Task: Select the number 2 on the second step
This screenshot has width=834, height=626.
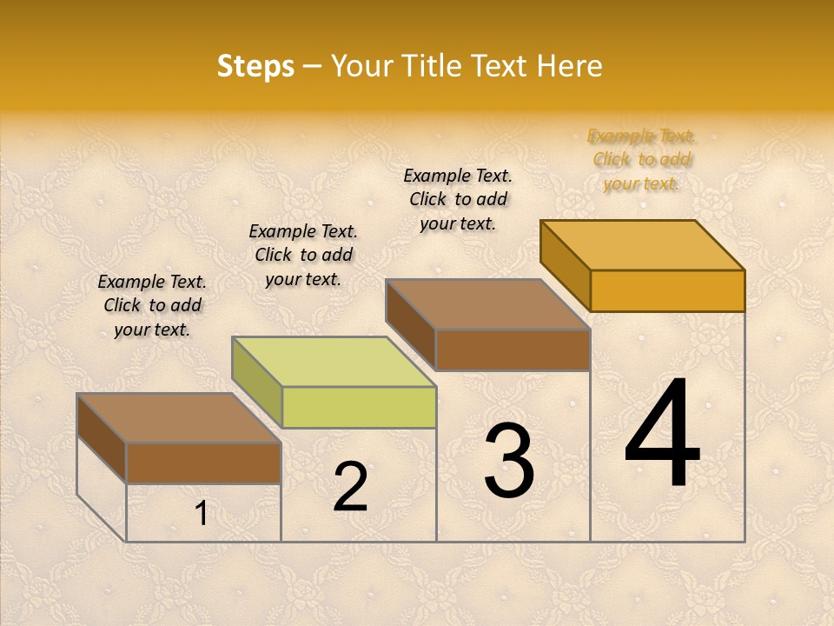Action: (350, 486)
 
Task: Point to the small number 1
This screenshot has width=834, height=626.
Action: (201, 514)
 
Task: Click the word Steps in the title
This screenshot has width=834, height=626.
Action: (255, 66)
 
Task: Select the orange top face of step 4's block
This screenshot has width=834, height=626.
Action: (643, 244)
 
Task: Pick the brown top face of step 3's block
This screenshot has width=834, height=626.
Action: (488, 304)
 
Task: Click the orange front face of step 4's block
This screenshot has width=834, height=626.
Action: (667, 290)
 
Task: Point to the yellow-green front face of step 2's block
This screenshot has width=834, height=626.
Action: (359, 407)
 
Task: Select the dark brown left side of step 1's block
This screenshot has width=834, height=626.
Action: (102, 438)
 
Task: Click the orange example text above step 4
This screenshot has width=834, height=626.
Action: (642, 159)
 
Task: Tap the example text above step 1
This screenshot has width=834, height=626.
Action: (153, 305)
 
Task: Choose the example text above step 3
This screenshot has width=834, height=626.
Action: (459, 199)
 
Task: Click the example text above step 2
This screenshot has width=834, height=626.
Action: (303, 255)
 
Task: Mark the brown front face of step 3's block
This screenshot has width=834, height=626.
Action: (513, 350)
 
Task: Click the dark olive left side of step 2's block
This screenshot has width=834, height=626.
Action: (256, 382)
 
